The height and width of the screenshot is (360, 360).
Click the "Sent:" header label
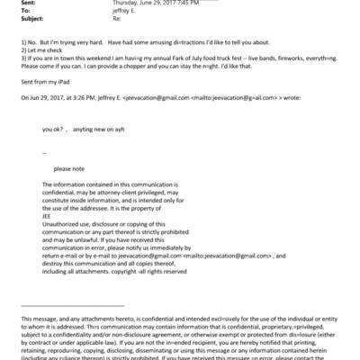click(x=28, y=4)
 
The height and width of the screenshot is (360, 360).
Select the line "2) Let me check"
click(x=41, y=50)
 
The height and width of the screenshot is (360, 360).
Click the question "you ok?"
click(x=53, y=130)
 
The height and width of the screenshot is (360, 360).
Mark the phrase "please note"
click(x=69, y=168)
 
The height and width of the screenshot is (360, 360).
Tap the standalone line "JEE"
click(x=47, y=213)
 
